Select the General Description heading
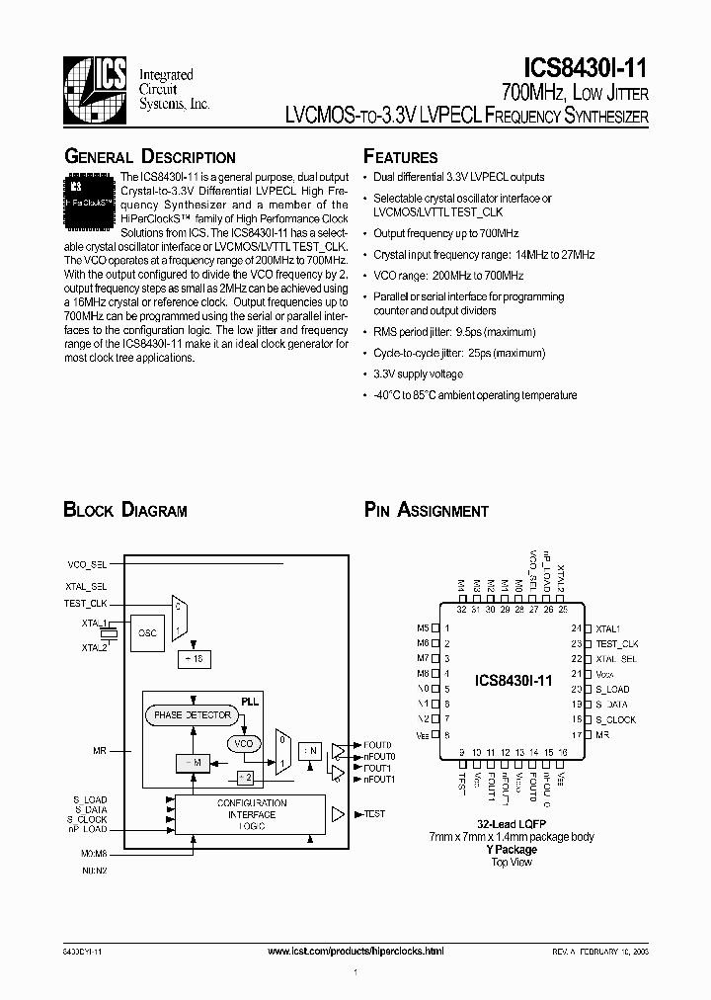pyautogui.click(x=149, y=157)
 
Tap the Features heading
pyautogui.click(x=400, y=157)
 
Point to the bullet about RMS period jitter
pyautogui.click(x=453, y=332)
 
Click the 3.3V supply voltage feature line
pyautogui.click(x=418, y=375)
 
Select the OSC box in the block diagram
pyautogui.click(x=146, y=632)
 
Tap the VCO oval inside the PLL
pyautogui.click(x=242, y=743)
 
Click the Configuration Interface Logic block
pyautogui.click(x=251, y=814)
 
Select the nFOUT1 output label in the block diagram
pyautogui.click(x=379, y=780)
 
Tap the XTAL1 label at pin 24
pyautogui.click(x=607, y=628)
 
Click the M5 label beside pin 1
pyautogui.click(x=423, y=628)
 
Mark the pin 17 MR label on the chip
pyautogui.click(x=602, y=735)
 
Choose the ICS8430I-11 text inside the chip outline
pyautogui.click(x=513, y=681)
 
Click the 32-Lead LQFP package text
pyautogui.click(x=512, y=824)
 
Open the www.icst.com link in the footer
pyautogui.click(x=355, y=950)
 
